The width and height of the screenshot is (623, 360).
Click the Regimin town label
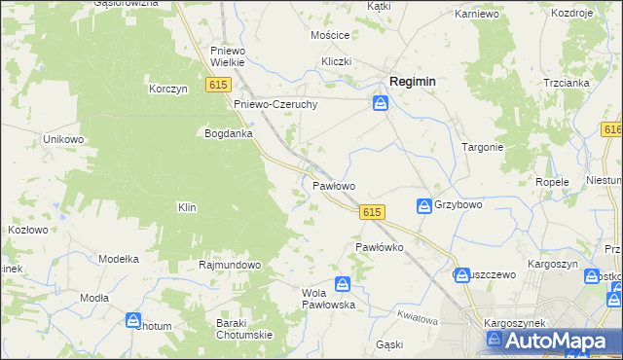[411, 83]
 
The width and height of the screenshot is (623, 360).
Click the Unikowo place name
[63, 139]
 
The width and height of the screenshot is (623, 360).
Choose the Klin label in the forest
[187, 207]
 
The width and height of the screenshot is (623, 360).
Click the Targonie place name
[481, 147]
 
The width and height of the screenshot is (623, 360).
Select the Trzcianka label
[568, 83]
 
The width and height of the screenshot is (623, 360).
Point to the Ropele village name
[552, 182]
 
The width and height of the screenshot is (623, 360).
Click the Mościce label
[330, 34]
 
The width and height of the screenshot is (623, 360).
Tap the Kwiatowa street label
[418, 314]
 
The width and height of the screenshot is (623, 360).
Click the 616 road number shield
[612, 129]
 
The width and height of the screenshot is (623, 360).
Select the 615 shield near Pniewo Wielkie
[218, 87]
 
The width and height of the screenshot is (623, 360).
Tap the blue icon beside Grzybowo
[424, 205]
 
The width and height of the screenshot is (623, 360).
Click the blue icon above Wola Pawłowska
[343, 284]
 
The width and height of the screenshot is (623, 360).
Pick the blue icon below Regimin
[380, 103]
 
